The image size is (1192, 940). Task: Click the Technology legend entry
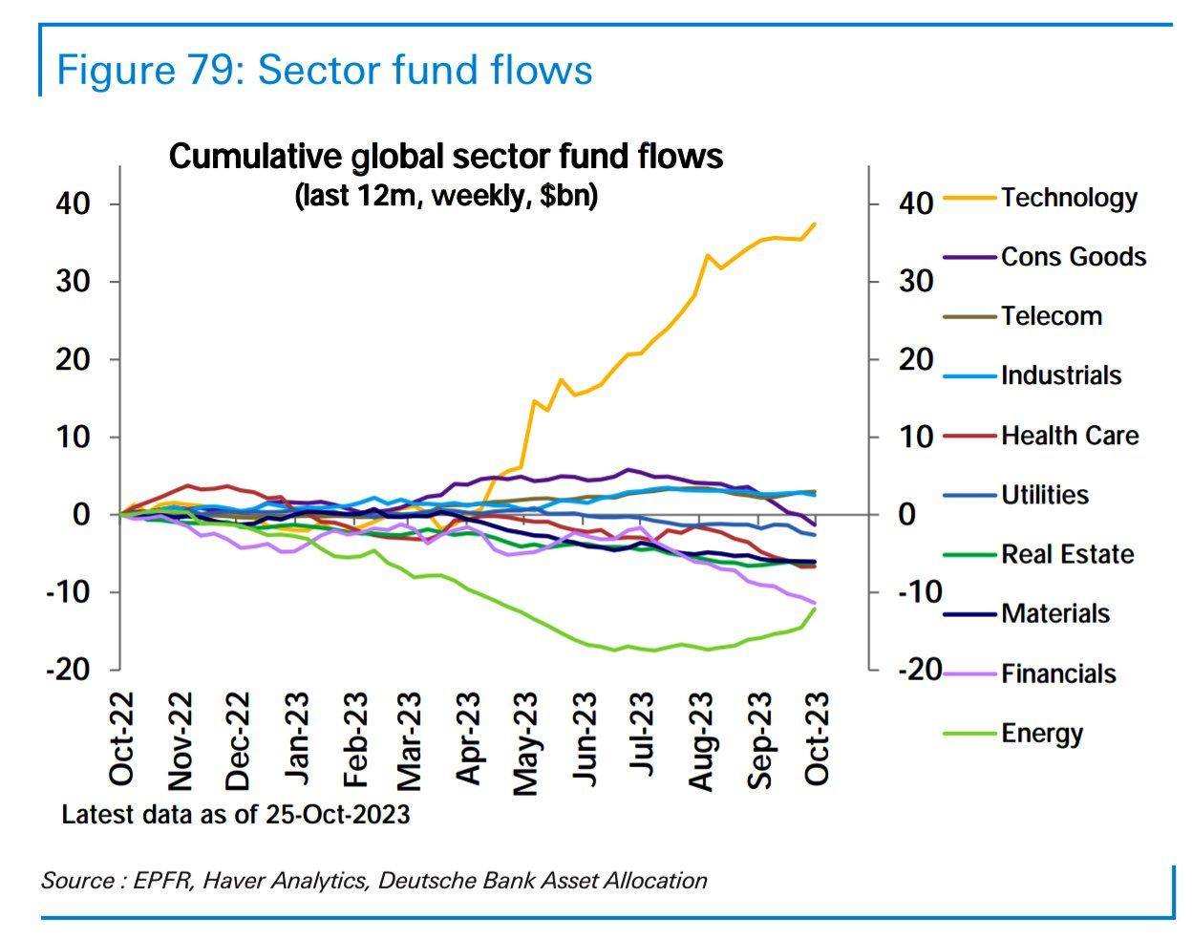1069,198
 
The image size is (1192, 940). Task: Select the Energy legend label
1042,734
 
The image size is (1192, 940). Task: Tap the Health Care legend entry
1070,436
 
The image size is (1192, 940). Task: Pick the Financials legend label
1058,674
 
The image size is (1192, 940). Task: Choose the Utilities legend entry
1045,495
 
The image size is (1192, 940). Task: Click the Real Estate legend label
1067,555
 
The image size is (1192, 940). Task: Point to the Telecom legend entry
1051,316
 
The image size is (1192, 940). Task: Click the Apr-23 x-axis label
468,739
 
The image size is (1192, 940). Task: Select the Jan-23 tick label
296,739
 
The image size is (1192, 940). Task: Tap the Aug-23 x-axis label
702,742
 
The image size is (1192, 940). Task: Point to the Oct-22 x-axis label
122,739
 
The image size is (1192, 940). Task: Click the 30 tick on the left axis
74,282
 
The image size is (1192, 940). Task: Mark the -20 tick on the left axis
68,670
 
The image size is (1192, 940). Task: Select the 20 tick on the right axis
915,360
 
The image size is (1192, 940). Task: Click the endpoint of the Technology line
815,224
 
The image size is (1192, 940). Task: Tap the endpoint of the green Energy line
815,609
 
